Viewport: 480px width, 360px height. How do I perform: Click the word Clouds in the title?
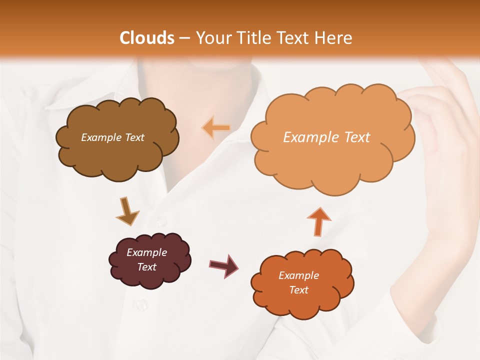pos(147,38)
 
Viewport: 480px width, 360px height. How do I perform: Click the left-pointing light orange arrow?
pos(216,128)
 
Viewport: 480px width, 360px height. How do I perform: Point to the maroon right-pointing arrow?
pos(223,265)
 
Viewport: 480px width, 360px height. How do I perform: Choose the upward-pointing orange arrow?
pos(318,220)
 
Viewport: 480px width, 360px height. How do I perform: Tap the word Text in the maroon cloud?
pos(147,267)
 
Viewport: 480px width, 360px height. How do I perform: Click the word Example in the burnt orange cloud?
pos(298,275)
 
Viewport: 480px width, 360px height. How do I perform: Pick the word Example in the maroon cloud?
pos(146,252)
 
